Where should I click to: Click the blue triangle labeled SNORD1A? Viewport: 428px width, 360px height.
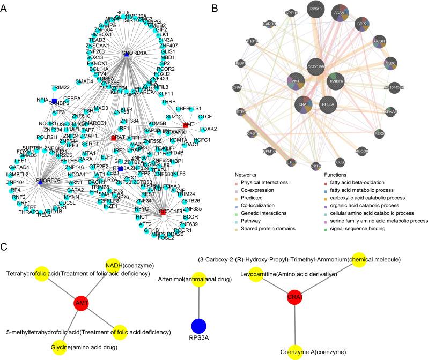click(x=125, y=53)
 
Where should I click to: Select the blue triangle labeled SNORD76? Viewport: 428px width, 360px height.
click(x=40, y=181)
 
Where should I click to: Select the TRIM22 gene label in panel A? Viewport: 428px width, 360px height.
click(x=61, y=87)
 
